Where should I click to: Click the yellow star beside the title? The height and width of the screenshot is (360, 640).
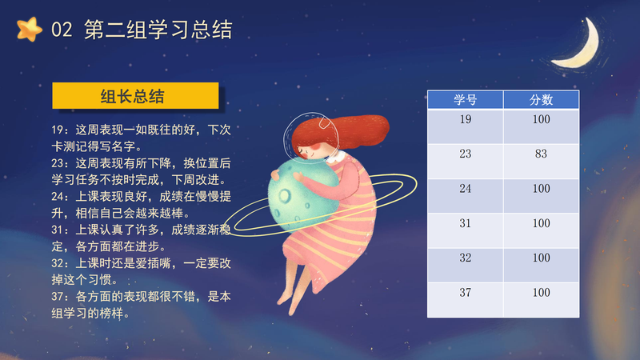click(30, 30)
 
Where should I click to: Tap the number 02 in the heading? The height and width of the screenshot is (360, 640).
click(62, 30)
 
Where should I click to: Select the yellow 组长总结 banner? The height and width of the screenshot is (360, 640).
click(135, 96)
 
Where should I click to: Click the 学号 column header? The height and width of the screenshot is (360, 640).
click(466, 99)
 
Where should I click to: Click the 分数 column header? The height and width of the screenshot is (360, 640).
click(542, 99)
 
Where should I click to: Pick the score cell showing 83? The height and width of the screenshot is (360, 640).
click(542, 154)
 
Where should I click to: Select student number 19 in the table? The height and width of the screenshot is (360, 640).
click(466, 119)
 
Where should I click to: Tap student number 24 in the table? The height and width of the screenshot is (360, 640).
click(466, 189)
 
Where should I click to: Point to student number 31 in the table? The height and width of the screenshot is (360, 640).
click(466, 223)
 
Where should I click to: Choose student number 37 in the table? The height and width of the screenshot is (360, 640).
click(466, 293)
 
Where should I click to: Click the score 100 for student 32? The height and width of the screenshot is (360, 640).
click(542, 258)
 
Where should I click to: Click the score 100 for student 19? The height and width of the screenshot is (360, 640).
click(542, 119)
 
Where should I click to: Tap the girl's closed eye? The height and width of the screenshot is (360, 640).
click(302, 151)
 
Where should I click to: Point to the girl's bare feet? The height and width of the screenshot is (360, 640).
click(290, 302)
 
